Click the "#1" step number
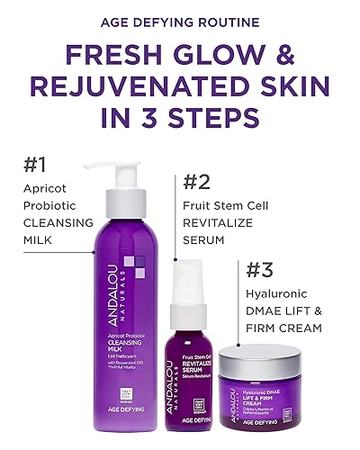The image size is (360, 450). pos(34,164)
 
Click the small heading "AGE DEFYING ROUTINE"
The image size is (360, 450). pos(180,21)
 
